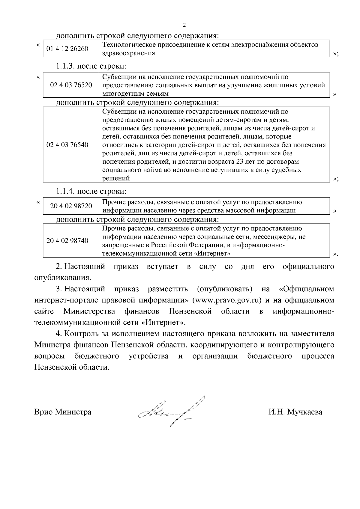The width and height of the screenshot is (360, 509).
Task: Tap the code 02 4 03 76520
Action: (71, 85)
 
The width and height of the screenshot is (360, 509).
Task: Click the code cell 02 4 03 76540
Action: (67, 145)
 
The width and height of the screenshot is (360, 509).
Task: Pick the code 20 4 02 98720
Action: (71, 206)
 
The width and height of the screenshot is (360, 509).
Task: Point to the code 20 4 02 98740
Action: (67, 241)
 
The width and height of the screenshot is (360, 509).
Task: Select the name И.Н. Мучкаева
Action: (295, 412)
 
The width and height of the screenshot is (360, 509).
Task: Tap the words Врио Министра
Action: (63, 412)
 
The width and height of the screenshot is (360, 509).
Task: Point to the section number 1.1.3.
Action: (66, 66)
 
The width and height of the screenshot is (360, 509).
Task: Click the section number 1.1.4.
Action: (66, 191)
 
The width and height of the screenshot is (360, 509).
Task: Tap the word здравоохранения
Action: (129, 53)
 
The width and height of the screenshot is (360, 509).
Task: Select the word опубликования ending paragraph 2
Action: (62, 277)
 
